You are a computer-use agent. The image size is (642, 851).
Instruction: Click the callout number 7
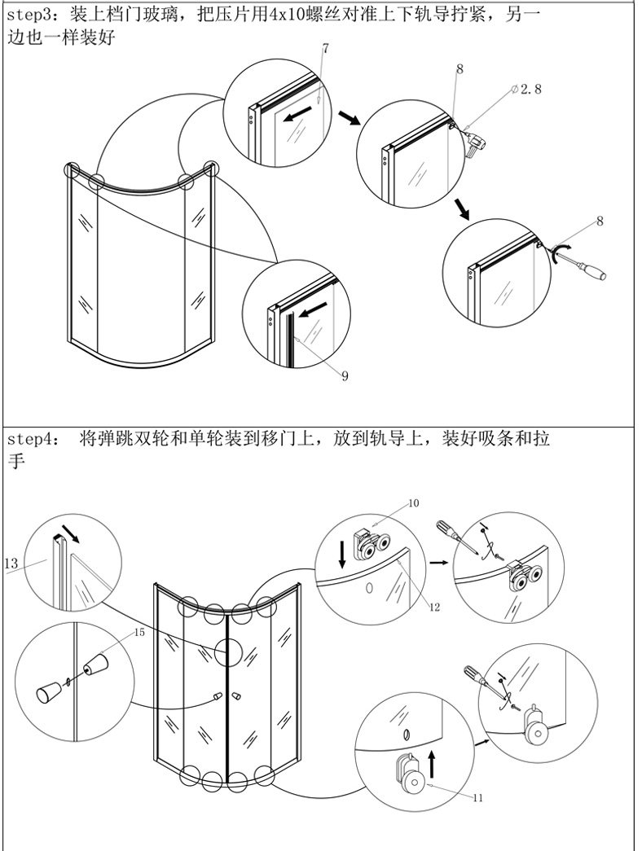pos(325,48)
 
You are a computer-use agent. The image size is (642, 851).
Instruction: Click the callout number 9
pos(345,375)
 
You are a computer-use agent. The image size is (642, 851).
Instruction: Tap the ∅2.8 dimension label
pos(526,89)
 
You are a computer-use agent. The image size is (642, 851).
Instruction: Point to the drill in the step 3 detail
pos(473,144)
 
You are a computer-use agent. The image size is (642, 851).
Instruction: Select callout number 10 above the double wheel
pos(413,503)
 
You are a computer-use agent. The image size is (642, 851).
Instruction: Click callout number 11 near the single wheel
pos(478,797)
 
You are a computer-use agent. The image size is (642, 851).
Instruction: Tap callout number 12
pos(434,607)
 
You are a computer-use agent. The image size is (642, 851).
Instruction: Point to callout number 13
pos(11,564)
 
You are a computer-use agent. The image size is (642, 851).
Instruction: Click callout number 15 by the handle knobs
pos(139,632)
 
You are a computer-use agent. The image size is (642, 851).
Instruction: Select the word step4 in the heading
pos(31,438)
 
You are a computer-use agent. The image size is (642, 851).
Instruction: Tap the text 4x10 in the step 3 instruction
pos(288,15)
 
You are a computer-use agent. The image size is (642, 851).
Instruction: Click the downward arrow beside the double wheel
pos(342,554)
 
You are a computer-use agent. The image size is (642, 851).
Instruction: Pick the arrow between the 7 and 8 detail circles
pos(349,117)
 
